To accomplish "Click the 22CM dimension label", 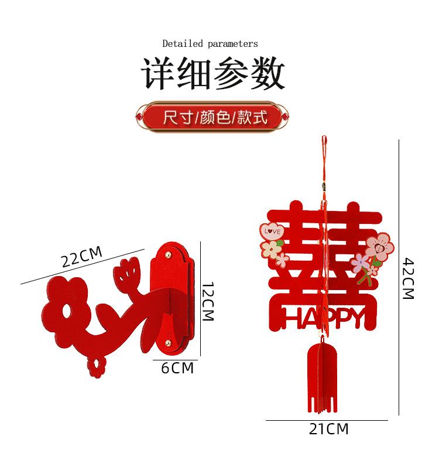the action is [x=82, y=257].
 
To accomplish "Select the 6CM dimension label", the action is [x=177, y=368].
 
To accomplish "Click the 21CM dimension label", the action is [x=328, y=430].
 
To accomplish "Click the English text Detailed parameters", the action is [x=210, y=43].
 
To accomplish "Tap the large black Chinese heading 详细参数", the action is [x=213, y=74].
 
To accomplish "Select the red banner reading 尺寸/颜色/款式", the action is [x=212, y=117].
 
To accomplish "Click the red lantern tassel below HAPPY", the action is [x=322, y=375].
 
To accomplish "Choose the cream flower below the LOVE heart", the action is [x=271, y=250].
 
